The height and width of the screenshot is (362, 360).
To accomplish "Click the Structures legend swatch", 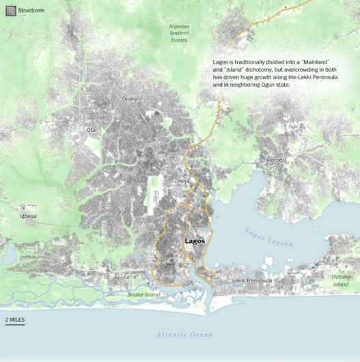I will [10, 10].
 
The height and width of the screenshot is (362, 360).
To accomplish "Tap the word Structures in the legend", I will [31, 10].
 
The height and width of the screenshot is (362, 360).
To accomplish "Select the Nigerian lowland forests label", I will [180, 32].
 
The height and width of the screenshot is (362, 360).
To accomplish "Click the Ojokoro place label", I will [132, 99].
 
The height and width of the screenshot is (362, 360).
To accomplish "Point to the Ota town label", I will [91, 129].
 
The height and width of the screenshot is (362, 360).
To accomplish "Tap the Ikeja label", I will [183, 181].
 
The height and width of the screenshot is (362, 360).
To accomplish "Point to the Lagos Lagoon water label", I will [268, 237].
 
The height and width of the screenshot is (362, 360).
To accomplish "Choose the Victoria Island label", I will [340, 280].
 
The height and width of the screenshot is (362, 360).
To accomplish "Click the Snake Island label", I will [143, 294].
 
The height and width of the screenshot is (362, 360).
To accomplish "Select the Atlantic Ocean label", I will [184, 335].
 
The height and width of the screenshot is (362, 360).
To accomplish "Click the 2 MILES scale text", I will [16, 319].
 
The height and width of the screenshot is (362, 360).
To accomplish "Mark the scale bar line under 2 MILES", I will [15, 324].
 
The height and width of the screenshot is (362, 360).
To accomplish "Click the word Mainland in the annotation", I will [314, 62].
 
